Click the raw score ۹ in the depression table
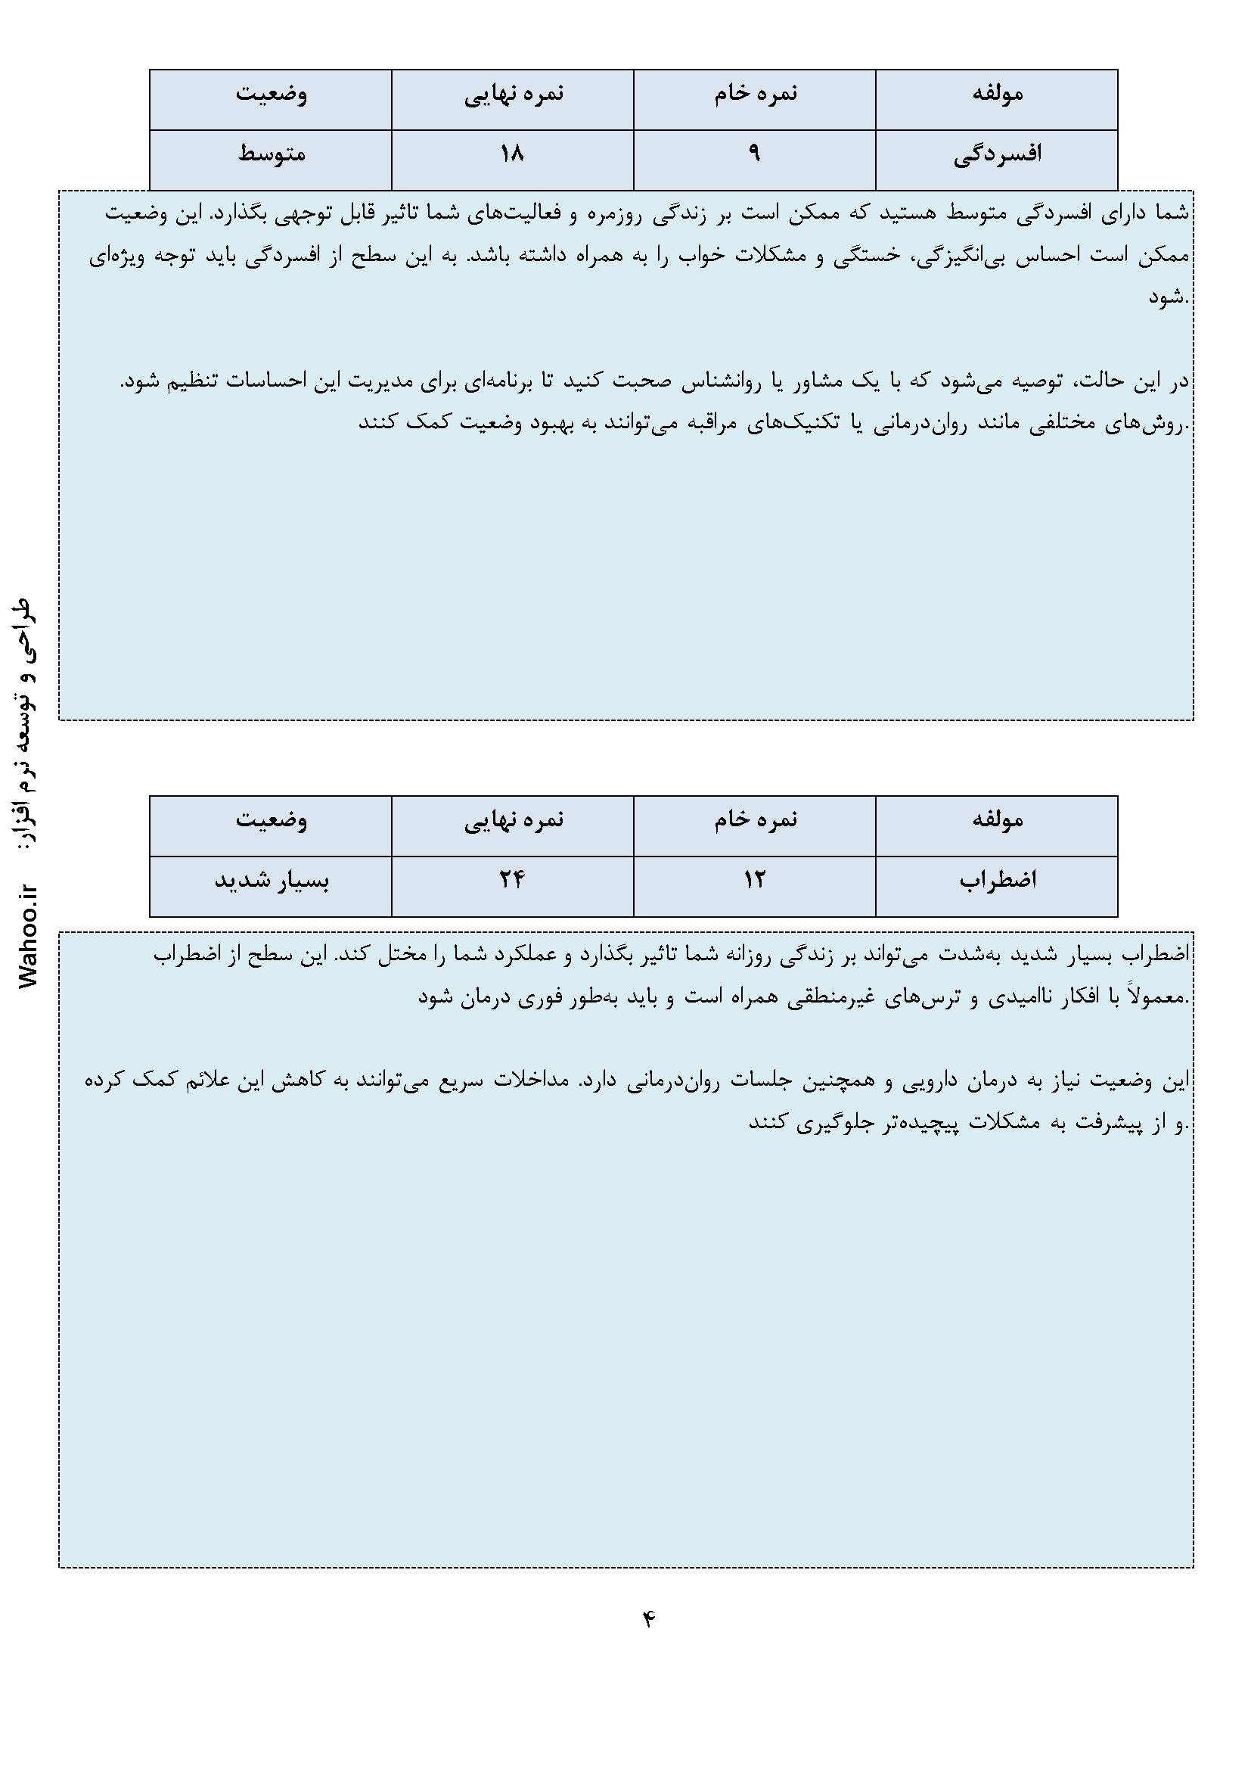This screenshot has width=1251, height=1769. pos(754,154)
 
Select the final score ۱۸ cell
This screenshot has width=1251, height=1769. pos(512,154)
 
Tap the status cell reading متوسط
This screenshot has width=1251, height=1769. pos(272,154)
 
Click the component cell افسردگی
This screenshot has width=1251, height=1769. pos(997,154)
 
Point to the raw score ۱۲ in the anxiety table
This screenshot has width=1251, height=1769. pos(754,880)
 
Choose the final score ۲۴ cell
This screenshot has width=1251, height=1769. pos(512,880)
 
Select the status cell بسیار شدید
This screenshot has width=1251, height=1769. pos(272,880)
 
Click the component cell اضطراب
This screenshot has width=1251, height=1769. pos(998,880)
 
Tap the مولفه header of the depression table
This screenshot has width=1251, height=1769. pos(997,94)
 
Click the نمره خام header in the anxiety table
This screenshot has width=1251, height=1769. pos(755,819)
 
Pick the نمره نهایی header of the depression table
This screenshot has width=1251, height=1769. pos(513,94)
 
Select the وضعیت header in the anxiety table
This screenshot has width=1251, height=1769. pos(272,819)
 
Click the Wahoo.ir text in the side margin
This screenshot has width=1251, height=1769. pos(29,937)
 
